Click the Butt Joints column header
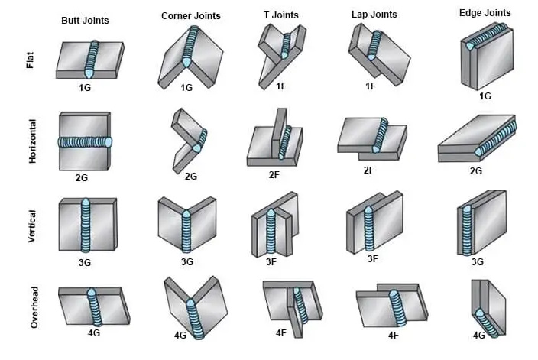[85, 20]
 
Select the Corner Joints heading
[191, 16]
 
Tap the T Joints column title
[281, 15]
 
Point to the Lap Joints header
[374, 14]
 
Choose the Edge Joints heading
[485, 13]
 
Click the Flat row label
[31, 60]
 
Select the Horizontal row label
[32, 141]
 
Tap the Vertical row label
[31, 226]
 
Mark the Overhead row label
[34, 307]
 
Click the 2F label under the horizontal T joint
[274, 175]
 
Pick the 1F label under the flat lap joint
[371, 86]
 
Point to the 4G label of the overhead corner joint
[180, 336]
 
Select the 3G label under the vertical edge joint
[478, 262]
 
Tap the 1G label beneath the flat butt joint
[85, 88]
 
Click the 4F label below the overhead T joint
[281, 333]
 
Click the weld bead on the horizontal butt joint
[85, 142]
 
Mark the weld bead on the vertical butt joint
[86, 225]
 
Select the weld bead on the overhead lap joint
[397, 308]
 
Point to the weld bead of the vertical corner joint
[186, 232]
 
